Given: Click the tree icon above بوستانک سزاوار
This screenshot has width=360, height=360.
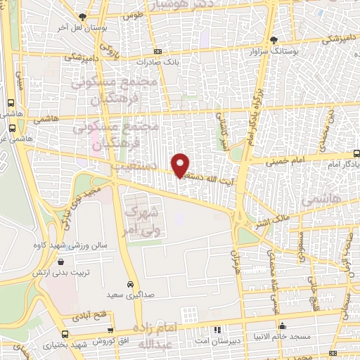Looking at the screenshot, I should point(274,39).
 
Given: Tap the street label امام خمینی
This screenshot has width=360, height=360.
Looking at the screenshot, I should point(285,161).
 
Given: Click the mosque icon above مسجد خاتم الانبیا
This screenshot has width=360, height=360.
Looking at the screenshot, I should point(282,326).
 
